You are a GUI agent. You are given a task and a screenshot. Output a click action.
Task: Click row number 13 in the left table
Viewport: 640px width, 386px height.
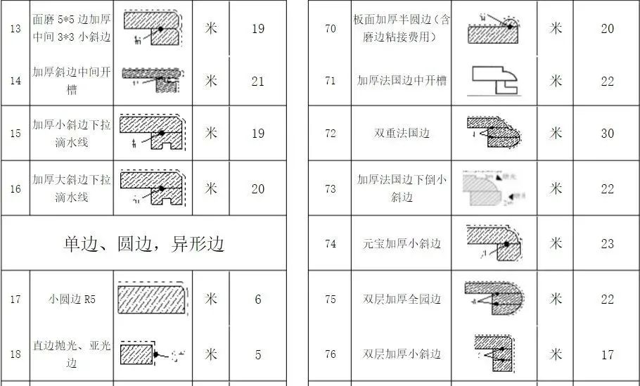15,29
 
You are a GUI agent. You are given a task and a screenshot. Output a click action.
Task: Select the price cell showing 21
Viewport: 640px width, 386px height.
257,81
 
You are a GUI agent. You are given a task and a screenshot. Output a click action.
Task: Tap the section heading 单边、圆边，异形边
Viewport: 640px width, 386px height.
143,243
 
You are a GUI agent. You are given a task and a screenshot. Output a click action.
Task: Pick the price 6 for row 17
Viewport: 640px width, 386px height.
257,300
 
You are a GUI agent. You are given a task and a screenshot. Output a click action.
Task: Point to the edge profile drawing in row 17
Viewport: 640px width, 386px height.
153,299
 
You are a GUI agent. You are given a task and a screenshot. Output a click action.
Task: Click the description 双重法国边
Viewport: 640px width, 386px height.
402,133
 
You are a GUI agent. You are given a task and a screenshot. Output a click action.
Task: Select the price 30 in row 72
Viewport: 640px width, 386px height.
607,133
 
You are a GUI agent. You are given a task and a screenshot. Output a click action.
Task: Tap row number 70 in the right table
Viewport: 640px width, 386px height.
330,29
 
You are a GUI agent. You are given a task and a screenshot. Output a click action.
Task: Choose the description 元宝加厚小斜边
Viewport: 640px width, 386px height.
402,244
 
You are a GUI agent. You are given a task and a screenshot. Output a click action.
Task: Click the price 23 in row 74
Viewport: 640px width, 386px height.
607,244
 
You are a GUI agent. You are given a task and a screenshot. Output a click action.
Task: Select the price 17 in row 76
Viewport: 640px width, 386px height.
607,355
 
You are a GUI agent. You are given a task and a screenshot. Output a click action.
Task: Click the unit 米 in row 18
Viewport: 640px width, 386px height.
210,354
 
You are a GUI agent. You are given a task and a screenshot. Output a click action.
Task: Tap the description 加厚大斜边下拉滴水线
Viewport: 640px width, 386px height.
72,188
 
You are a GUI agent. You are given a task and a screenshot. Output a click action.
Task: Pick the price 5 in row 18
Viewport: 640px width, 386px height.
257,355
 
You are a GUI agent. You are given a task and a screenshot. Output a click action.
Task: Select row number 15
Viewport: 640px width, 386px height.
15,133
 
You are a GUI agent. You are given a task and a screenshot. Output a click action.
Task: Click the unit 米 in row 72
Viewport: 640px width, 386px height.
556,133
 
